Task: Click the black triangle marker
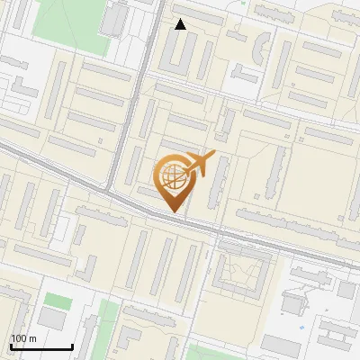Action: coord(180,24)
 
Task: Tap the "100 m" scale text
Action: coord(23,338)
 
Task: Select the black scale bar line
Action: coord(40,346)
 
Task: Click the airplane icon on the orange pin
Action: coord(200,164)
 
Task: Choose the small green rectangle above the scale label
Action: coord(57,300)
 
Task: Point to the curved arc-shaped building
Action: coord(260,45)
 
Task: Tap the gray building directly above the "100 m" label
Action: coord(51,319)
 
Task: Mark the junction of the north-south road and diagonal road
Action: coord(109,191)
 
